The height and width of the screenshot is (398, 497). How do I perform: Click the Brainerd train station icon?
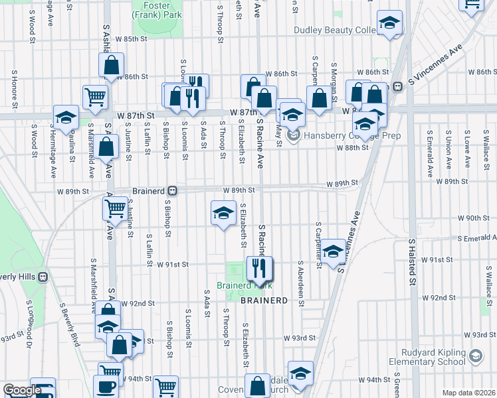pos(172,190)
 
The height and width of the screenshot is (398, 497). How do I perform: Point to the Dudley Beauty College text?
pos(335,30)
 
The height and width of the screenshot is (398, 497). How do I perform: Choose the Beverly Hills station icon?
pos(43,277)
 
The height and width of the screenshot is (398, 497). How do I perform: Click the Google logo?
pos(21,390)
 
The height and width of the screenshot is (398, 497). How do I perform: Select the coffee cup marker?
pos(108,387)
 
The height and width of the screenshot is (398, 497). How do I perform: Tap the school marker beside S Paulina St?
pos(66,118)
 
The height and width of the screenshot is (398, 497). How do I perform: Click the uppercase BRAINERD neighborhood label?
pos(264,300)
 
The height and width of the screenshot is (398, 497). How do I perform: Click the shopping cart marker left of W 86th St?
pos(96,97)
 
